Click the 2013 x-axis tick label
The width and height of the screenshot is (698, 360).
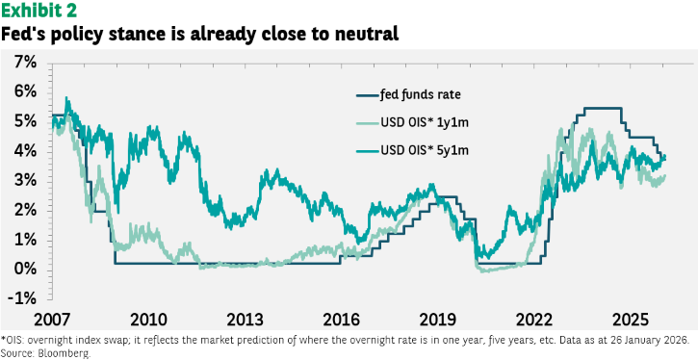tap(245, 320)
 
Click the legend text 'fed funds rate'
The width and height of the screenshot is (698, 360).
tap(414, 94)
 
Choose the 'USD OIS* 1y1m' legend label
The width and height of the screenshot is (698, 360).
tap(425, 123)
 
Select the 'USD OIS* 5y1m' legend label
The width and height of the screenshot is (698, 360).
tap(425, 151)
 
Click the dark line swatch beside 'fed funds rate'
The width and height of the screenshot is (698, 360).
tap(367, 95)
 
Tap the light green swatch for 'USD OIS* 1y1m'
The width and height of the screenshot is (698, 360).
tap(367, 123)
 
